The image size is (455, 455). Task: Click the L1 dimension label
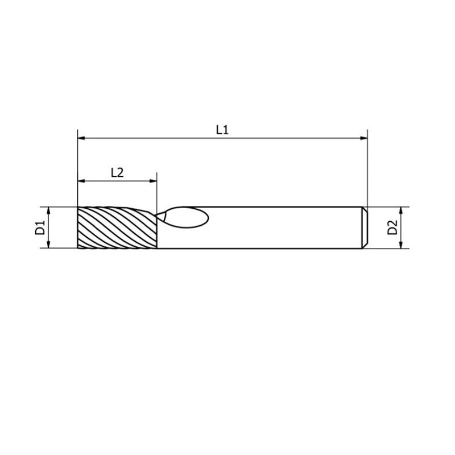[x=222, y=130]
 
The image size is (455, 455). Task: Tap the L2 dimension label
[x=117, y=173]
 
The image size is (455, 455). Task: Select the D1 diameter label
[x=40, y=227]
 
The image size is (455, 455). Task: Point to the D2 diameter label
[x=392, y=227]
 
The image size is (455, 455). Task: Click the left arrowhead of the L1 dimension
[x=81, y=138]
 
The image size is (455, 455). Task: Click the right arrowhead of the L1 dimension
[x=363, y=138]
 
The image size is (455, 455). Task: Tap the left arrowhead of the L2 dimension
[x=81, y=181]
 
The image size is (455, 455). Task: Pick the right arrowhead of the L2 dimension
[x=153, y=181]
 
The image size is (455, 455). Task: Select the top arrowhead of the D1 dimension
[x=49, y=211]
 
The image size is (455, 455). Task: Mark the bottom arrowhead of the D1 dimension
[x=49, y=245]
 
